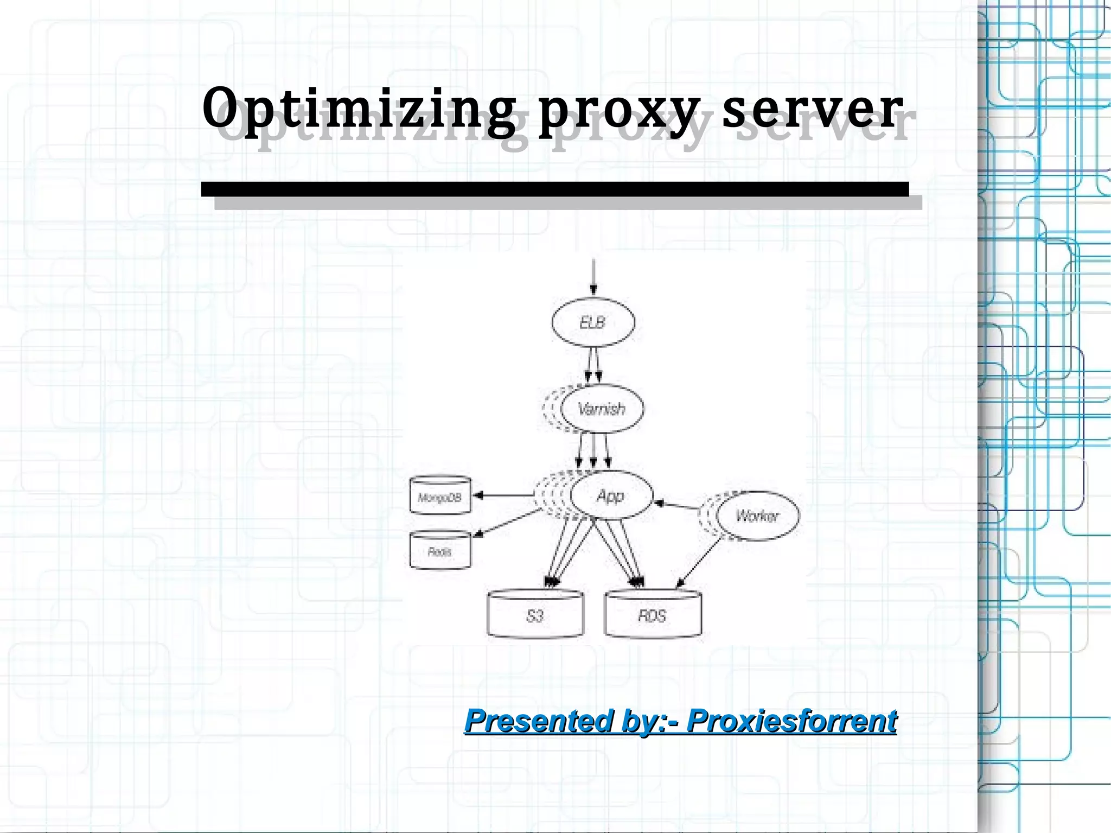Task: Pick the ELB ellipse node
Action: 593,322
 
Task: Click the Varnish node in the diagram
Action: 602,409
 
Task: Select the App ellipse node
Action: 611,495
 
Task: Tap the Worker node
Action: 757,516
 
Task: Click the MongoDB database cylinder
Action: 440,495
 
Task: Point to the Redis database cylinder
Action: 440,551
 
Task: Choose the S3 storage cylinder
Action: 535,615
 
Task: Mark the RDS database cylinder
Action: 653,615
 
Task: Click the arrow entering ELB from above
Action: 593,277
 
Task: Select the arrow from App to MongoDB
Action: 505,495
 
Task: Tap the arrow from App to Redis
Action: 507,523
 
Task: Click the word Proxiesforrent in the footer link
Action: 791,721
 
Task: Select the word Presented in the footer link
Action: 540,721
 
